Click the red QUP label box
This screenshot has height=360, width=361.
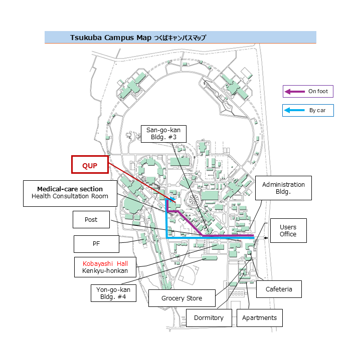(x=90, y=164)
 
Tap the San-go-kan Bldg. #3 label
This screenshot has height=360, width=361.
(x=163, y=134)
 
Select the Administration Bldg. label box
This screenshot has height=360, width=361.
(x=283, y=188)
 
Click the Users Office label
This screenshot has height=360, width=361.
(x=288, y=231)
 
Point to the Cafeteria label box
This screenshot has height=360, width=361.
(x=279, y=289)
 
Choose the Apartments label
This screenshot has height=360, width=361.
(x=260, y=318)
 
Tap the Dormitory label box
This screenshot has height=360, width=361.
(x=209, y=318)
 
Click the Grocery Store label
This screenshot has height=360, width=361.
(x=182, y=298)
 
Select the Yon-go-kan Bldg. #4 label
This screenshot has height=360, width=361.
(x=113, y=293)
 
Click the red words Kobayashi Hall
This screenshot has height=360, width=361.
(x=105, y=264)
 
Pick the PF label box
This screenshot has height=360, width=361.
(x=96, y=244)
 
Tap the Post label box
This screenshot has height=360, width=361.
(x=91, y=219)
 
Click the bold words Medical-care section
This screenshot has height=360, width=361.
(x=70, y=189)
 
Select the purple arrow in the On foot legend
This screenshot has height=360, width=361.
(x=295, y=92)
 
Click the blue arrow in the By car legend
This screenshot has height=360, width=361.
(x=294, y=110)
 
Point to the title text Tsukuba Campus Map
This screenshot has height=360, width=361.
(x=111, y=38)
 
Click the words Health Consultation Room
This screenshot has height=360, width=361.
(x=70, y=196)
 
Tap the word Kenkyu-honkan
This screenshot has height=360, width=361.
(x=105, y=271)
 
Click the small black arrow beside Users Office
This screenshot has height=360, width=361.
(x=266, y=238)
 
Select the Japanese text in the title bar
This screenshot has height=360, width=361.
(x=180, y=38)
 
